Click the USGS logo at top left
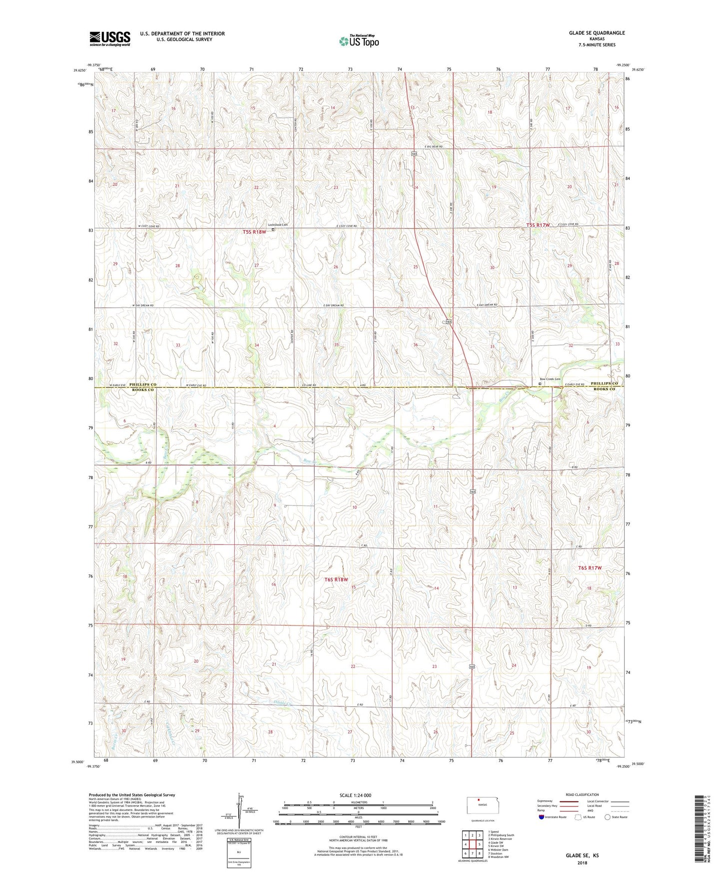(110, 38)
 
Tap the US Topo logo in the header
(359, 41)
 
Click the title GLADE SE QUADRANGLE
(597, 33)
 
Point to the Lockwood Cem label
(278, 224)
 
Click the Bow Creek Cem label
(550, 379)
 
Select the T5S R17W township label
(538, 225)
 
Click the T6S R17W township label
(590, 568)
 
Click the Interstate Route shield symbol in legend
(542, 817)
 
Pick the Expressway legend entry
(545, 801)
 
